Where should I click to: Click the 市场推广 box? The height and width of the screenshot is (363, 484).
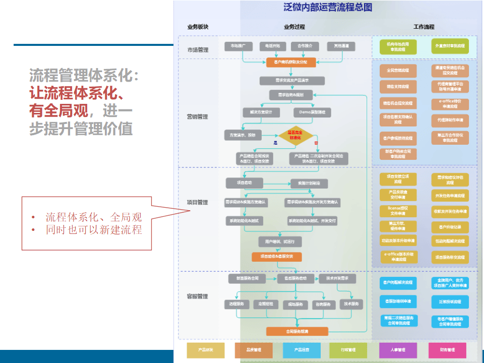point(238,46)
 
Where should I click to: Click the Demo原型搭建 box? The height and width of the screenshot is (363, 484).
point(312,112)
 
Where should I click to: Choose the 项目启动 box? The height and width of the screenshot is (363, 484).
point(244,183)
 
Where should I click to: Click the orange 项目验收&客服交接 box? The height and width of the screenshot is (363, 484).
point(277,257)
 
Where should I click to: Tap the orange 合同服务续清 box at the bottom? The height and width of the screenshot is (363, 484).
point(297,331)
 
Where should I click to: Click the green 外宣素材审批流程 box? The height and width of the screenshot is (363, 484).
point(450,46)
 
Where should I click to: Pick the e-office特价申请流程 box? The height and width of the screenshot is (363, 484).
point(450,104)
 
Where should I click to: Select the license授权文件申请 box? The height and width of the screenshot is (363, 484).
point(398,210)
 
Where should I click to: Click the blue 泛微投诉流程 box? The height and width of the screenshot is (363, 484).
point(450,301)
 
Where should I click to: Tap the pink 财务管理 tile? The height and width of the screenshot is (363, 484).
point(447,349)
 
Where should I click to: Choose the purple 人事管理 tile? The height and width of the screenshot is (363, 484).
point(398,349)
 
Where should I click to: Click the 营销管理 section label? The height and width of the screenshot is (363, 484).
point(198,116)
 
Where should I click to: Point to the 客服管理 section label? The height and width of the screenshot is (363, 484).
point(198,296)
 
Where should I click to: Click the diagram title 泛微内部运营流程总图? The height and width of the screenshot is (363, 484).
point(328,8)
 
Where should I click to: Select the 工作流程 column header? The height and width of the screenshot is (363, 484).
point(423,27)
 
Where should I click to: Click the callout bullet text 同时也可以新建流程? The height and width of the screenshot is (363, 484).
point(94,230)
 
